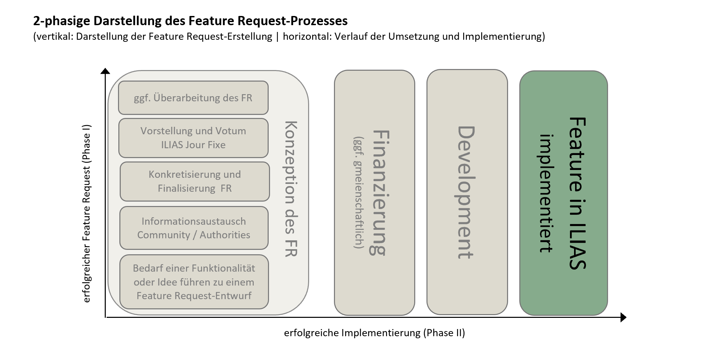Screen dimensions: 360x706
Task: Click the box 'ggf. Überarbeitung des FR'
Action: [193, 98]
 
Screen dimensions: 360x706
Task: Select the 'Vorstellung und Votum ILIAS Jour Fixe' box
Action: [193, 138]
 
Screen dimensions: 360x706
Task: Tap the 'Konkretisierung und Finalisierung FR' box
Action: [195, 181]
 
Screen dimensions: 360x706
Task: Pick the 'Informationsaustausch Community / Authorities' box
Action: [194, 228]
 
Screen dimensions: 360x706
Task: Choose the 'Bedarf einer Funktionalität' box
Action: [194, 282]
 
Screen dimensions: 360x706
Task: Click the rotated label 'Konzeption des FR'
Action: [291, 189]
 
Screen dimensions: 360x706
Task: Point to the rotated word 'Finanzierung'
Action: [380, 192]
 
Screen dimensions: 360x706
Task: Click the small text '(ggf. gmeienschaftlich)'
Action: [358, 192]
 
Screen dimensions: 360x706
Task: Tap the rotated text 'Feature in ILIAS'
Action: [577, 193]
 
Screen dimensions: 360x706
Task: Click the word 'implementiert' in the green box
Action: [547, 193]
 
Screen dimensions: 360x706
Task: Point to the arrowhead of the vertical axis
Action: [105, 71]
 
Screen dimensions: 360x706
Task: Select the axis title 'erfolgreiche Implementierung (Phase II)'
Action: [374, 333]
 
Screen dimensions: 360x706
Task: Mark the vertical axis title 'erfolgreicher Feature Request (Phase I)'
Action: [87, 213]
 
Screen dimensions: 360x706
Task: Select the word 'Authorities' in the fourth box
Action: [224, 235]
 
